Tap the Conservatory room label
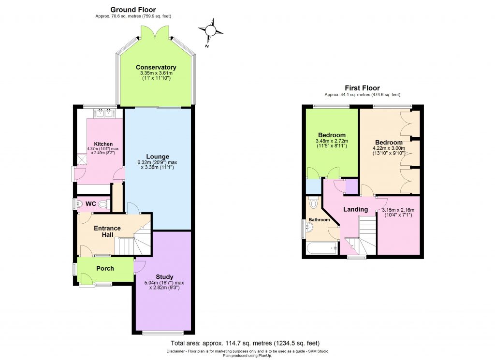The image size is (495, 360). click(x=156, y=67)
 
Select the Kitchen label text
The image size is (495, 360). click(x=103, y=144)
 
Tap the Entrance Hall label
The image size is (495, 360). click(x=107, y=231)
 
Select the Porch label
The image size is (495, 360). click(x=105, y=269)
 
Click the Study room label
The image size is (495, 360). click(x=164, y=277)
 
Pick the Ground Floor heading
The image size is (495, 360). click(x=133, y=10)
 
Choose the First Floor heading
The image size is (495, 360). click(x=362, y=88)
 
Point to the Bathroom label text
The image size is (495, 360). click(x=319, y=220)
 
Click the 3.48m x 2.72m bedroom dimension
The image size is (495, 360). click(x=332, y=141)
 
